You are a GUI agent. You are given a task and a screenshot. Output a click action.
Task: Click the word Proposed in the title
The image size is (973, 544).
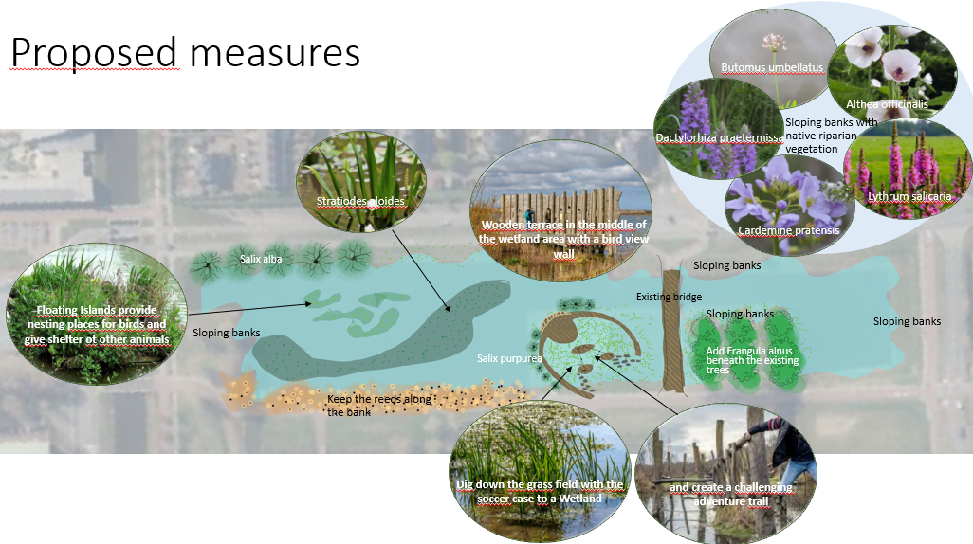94,53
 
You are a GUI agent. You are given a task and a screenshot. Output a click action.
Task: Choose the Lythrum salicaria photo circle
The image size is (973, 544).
908,171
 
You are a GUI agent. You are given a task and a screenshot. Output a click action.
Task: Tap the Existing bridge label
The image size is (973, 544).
669,298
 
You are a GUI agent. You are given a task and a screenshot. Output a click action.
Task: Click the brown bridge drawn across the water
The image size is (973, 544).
674,341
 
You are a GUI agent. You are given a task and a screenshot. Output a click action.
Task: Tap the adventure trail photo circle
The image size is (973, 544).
727,474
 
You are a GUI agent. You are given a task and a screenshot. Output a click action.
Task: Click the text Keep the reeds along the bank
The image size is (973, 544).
378,406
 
